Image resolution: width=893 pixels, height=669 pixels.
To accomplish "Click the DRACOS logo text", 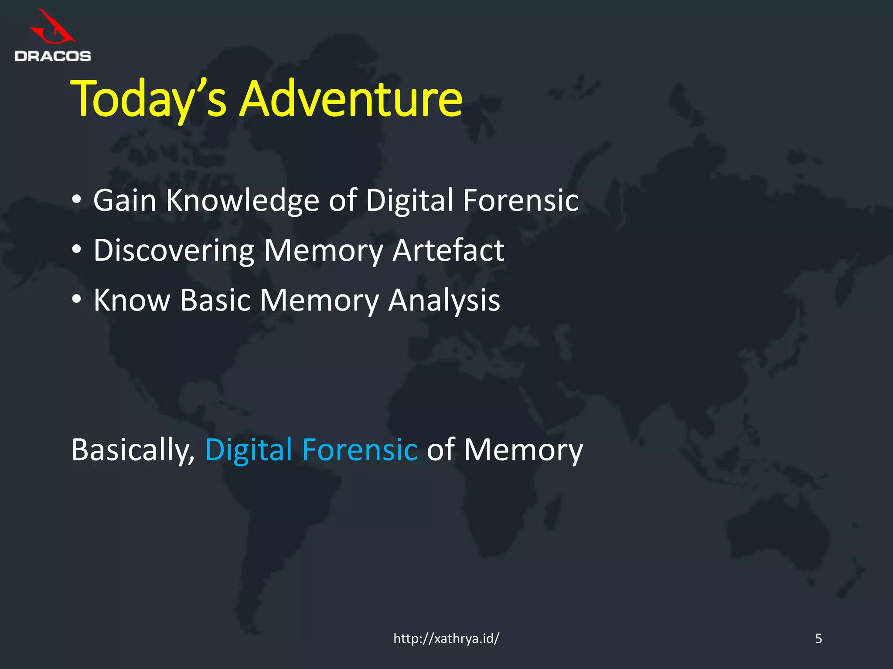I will click(52, 56).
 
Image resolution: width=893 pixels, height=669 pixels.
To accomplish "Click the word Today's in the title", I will click(148, 99).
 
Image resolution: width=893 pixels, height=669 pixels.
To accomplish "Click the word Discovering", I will click(174, 251).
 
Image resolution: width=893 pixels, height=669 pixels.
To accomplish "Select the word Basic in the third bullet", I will click(215, 300).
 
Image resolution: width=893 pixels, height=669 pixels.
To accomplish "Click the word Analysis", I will click(444, 301).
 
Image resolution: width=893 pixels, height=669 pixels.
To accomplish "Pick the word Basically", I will click(133, 450).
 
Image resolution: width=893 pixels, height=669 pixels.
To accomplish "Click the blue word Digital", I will click(249, 450).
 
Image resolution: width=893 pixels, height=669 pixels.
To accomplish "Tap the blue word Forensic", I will click(360, 449).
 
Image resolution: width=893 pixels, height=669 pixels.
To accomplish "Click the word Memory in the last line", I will click(523, 450).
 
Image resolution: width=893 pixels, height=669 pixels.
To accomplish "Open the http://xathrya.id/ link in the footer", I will click(446, 639).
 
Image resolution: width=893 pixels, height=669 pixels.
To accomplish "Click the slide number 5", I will click(818, 639).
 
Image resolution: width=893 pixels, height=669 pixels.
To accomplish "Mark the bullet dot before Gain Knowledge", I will click(77, 200).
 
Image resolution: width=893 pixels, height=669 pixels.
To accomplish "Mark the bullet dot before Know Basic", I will click(77, 299).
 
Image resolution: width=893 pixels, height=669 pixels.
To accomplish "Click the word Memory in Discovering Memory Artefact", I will click(323, 251).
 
